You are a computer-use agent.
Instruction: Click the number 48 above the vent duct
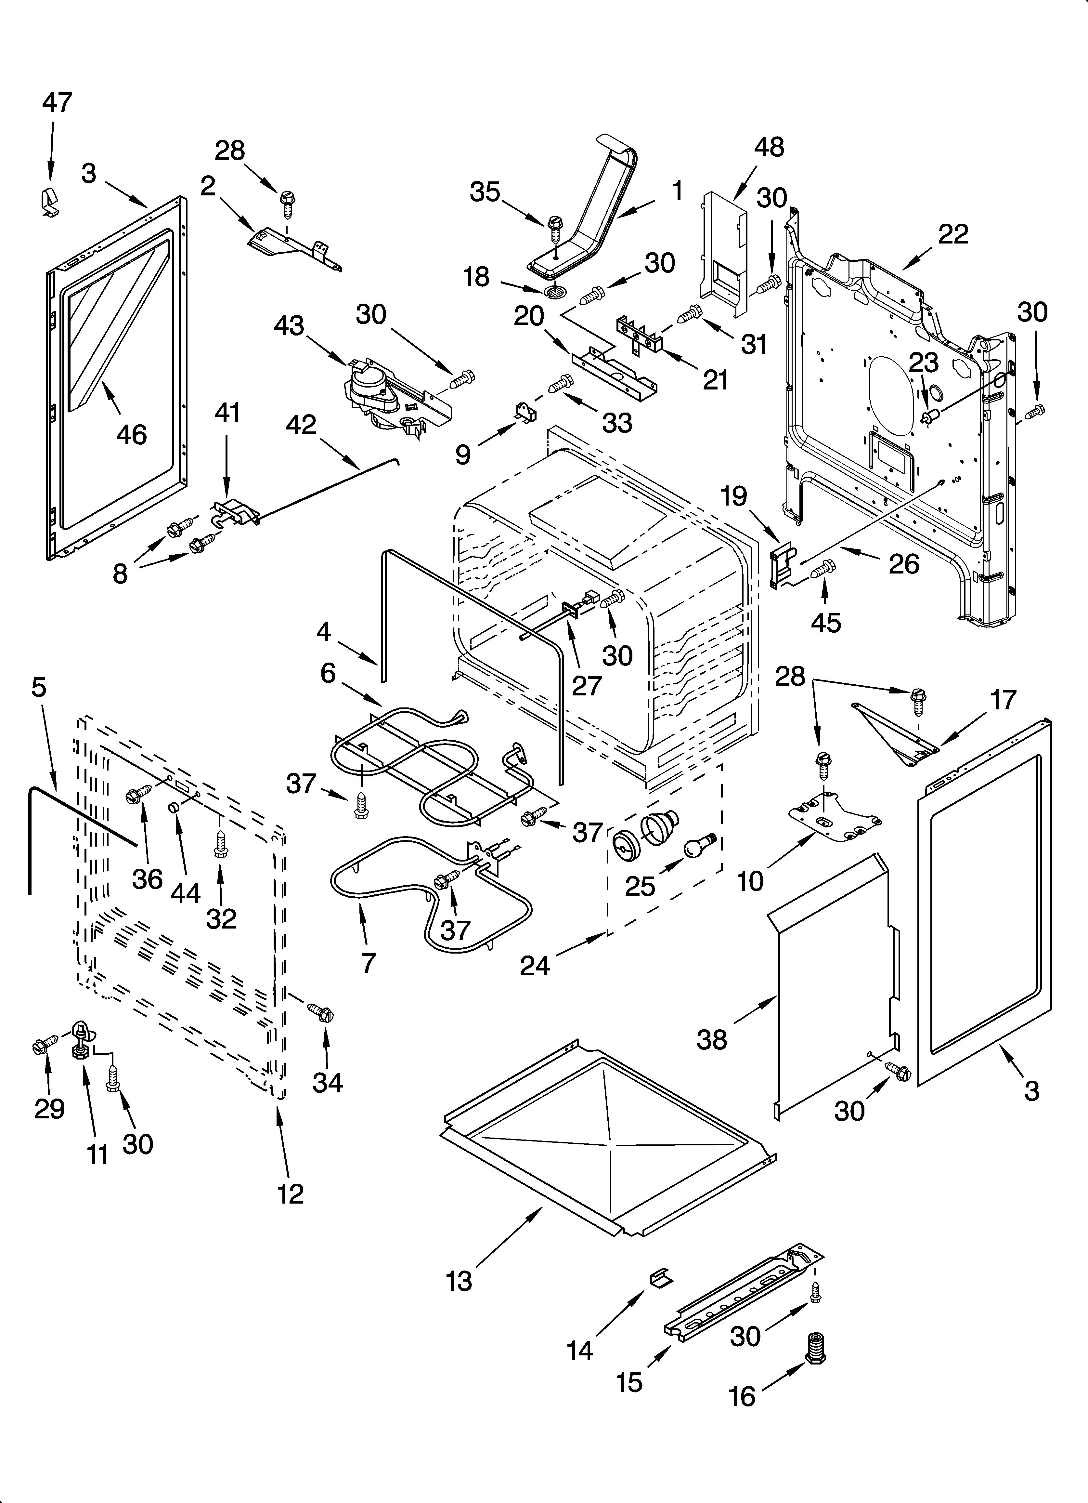[x=769, y=147]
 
